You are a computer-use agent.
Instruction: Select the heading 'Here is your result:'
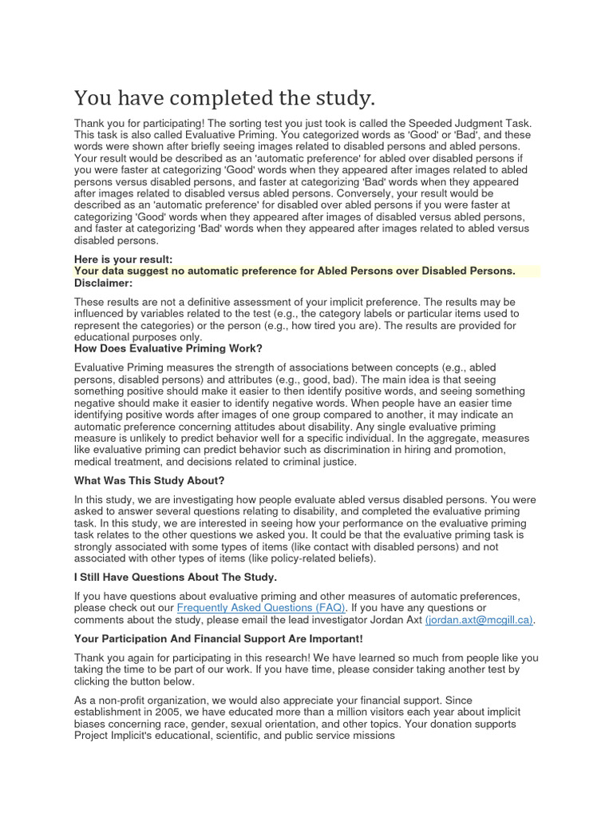click(x=123, y=260)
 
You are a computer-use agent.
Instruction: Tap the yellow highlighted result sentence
click(x=295, y=271)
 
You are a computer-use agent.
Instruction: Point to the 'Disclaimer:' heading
click(x=104, y=283)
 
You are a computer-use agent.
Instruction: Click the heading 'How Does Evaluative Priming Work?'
click(x=168, y=348)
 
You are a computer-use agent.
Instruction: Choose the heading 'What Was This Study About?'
click(x=149, y=480)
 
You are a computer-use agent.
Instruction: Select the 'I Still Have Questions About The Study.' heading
click(x=176, y=576)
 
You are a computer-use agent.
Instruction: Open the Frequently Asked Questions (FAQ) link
click(x=261, y=608)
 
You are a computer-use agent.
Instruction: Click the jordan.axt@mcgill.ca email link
click(x=480, y=619)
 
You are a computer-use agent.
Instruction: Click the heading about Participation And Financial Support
click(x=218, y=638)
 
